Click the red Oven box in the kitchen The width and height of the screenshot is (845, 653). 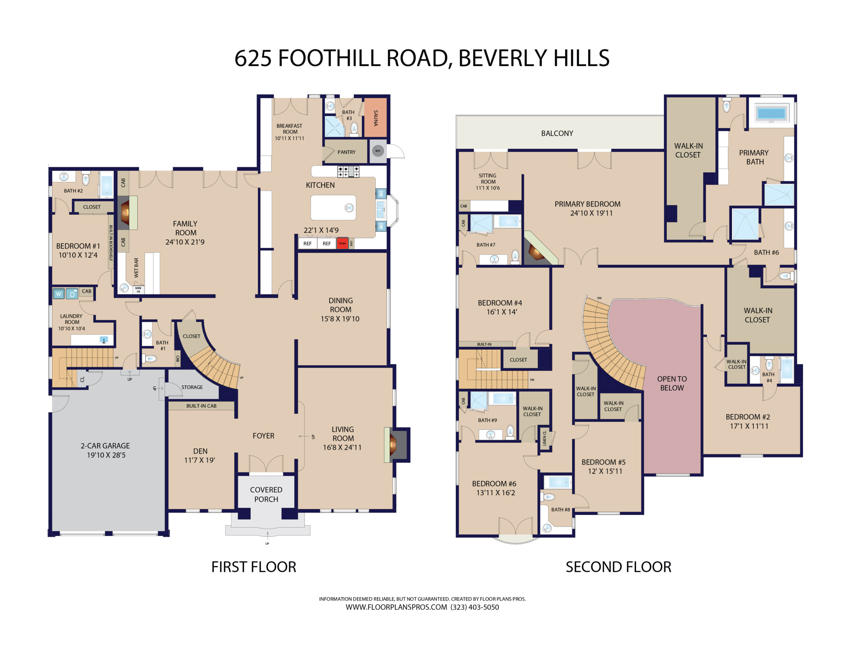342,243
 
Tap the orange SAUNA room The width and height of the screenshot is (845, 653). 375,118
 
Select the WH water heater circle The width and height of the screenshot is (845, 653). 378,151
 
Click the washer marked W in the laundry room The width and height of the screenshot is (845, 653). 58,294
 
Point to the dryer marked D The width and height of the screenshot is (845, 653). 72,294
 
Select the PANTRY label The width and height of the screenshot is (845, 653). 346,152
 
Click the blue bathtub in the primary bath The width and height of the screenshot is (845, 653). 771,114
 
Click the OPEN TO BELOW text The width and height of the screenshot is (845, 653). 672,383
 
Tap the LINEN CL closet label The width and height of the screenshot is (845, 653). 545,438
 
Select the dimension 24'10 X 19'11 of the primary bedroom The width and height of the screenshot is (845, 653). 591,213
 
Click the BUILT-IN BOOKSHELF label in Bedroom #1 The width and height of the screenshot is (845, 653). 111,243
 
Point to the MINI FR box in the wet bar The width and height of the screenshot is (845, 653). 138,290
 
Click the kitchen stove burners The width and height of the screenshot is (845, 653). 348,171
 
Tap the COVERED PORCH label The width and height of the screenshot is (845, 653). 266,494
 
